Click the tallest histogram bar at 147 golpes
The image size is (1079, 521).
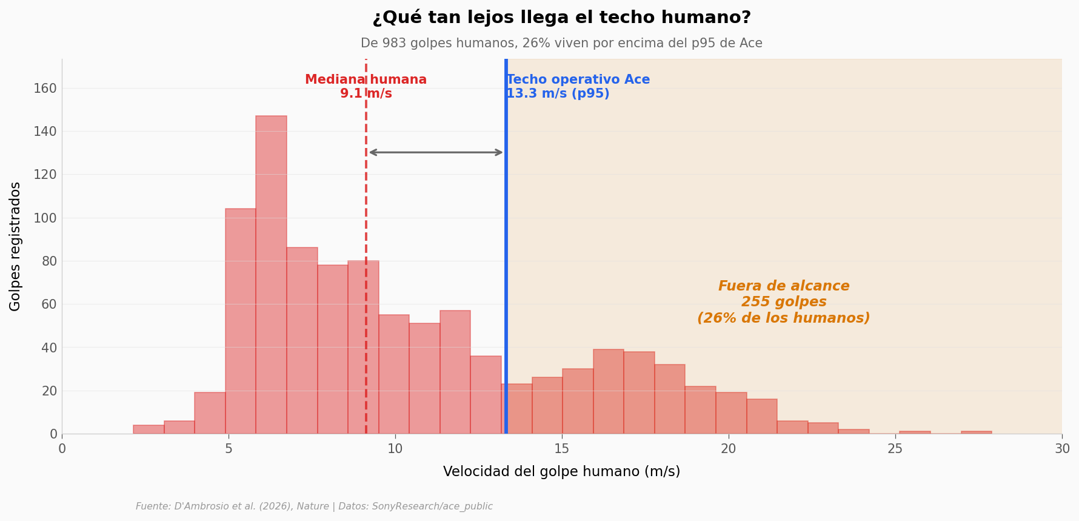point(271,273)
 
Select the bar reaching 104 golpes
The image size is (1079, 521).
point(240,321)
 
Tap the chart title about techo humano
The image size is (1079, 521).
point(561,18)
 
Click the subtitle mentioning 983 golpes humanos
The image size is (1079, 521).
point(561,44)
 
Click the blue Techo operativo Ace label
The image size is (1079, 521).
point(578,87)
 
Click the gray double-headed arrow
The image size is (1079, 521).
point(436,152)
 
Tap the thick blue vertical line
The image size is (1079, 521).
point(506,243)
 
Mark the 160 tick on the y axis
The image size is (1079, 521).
point(45,89)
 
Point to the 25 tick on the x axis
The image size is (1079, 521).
point(895,449)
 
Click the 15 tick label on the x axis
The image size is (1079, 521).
point(562,449)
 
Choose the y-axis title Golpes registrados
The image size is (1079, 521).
point(16,246)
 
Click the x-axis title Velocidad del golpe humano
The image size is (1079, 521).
point(561,472)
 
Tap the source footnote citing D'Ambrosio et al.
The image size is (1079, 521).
point(314,506)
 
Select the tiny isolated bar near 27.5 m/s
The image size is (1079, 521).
point(976,432)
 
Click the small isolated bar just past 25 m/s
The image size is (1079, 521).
point(915,432)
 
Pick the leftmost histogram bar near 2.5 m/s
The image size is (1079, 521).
point(149,429)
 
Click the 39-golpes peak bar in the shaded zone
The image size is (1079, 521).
point(608,392)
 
